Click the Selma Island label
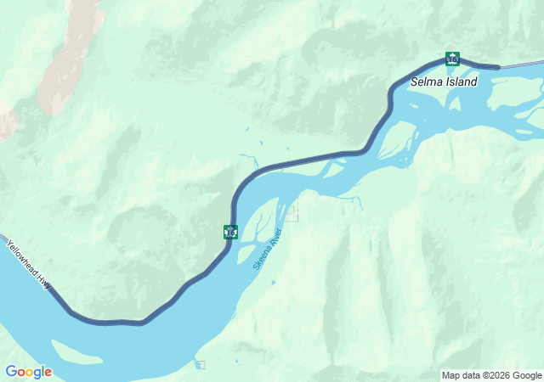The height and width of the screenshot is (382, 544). tap(444, 81)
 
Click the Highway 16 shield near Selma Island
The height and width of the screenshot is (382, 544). tap(452, 59)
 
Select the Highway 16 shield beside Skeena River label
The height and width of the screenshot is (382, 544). tap(230, 231)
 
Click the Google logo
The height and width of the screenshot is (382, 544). tap(28, 372)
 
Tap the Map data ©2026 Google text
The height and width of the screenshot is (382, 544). tap(491, 375)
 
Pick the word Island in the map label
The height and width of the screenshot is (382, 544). tap(462, 81)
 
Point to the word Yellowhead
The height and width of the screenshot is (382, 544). tap(21, 257)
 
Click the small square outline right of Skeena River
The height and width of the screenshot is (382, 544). tap(292, 213)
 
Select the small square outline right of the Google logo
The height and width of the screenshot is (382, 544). tap(200, 365)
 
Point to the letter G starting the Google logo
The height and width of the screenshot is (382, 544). tap(11, 372)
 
